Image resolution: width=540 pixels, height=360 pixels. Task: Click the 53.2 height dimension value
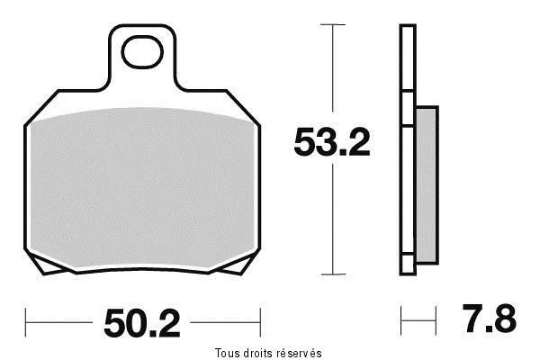tap(332, 142)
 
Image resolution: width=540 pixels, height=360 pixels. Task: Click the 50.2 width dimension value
tap(142, 323)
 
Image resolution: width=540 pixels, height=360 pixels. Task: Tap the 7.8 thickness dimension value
tap(489, 319)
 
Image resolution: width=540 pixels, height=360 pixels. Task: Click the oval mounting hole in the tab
tap(142, 52)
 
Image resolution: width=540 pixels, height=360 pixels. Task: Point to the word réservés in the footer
tap(300, 353)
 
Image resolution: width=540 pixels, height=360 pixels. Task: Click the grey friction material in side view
tap(427, 185)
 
